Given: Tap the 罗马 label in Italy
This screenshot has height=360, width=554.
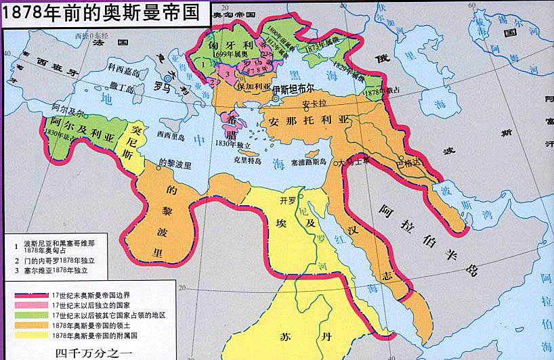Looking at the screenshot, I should tap(162, 86).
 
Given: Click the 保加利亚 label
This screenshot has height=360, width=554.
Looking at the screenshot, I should tap(255, 87).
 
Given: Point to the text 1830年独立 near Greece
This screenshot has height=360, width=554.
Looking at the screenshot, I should tap(232, 144).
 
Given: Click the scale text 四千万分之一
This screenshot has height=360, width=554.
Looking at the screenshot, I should tap(93, 353).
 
